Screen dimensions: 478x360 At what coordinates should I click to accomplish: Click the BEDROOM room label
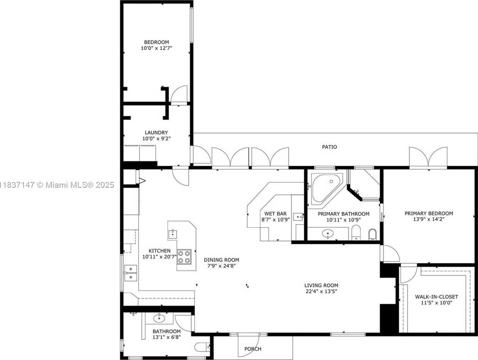156,42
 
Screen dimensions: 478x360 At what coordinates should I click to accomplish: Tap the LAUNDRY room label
156,132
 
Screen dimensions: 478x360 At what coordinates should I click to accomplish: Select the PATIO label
329,147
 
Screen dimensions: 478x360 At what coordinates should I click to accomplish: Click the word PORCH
253,349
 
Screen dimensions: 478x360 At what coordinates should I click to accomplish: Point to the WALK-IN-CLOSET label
436,297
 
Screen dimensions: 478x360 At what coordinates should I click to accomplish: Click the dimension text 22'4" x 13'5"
321,291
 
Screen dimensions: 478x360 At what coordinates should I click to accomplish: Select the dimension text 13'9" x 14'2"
429,219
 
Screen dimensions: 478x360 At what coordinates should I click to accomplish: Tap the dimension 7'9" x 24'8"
222,266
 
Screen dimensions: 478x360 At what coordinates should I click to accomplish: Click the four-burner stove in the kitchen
184,257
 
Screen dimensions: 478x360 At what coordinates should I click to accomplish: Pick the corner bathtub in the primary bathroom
325,188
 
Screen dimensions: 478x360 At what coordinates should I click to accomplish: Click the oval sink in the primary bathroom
328,234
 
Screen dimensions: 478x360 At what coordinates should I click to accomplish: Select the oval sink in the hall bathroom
159,319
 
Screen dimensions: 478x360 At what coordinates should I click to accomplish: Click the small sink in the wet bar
298,217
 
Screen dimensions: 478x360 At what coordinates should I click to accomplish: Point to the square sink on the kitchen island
173,234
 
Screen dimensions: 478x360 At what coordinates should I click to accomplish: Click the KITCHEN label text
159,251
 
